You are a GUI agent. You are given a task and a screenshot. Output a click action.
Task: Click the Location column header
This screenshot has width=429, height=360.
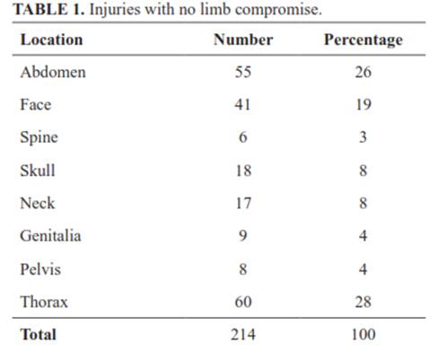[51, 40]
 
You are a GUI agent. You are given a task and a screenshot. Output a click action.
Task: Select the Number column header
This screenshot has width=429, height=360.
[243, 40]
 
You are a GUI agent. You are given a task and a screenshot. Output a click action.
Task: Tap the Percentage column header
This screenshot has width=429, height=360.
[363, 40]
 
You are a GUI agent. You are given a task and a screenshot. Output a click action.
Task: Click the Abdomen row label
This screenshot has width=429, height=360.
[53, 72]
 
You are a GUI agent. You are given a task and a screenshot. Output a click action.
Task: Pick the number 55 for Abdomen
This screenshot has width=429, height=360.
[243, 72]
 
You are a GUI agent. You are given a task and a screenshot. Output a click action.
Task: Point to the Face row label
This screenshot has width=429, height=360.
[36, 105]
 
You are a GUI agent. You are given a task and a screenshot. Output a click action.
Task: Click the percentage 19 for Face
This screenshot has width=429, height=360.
[363, 105]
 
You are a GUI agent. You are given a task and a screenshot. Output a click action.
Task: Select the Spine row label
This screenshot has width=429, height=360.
[39, 138]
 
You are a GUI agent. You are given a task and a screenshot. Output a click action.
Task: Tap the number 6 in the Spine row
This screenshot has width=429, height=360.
[243, 137]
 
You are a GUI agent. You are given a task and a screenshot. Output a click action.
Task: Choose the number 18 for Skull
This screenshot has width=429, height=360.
[243, 171]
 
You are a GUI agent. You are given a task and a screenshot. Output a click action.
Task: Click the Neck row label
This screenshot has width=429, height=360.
[38, 203]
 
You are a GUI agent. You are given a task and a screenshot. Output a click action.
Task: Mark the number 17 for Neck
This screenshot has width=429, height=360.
[243, 203]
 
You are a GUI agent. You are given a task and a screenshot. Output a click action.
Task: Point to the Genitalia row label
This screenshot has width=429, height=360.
[50, 236]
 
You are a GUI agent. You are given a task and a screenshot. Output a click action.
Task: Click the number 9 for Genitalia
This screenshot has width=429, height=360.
[243, 236]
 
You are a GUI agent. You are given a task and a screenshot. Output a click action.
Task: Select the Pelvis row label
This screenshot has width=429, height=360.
[40, 268]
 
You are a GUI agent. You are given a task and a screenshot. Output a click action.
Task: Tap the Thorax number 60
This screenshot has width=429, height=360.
[243, 302]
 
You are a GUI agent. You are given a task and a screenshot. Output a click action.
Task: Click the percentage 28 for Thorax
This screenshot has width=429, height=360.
[363, 302]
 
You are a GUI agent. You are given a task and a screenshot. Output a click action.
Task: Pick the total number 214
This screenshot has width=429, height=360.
[243, 334]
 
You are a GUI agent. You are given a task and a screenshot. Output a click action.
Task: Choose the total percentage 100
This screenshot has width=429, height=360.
[363, 334]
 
